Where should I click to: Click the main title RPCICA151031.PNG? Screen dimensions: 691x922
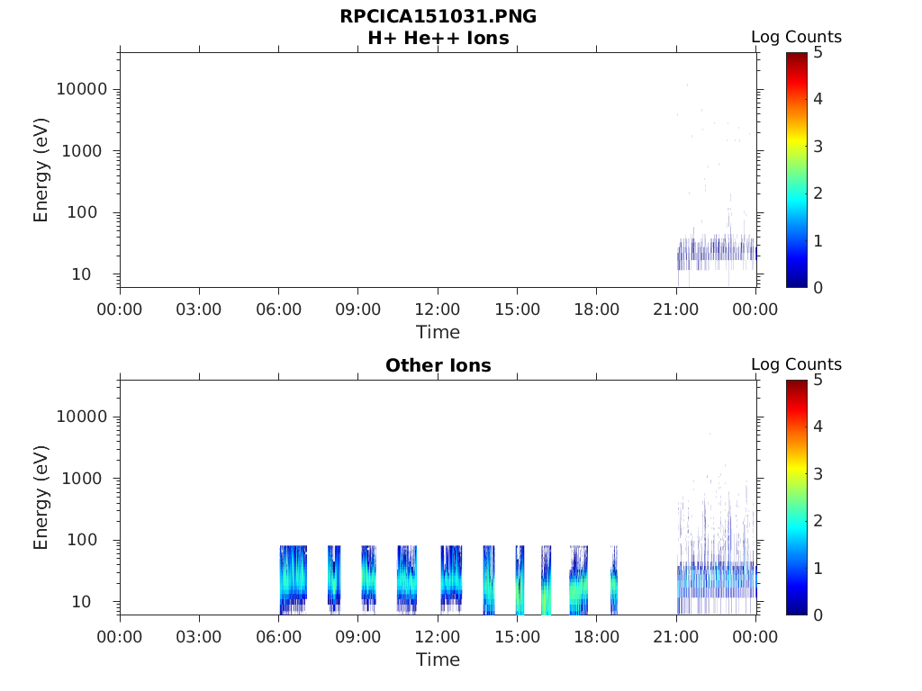438,17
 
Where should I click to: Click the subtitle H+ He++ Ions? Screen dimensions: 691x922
438,39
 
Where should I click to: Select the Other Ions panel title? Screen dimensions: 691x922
438,366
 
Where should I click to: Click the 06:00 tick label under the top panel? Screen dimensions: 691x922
278,310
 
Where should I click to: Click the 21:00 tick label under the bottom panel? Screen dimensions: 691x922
676,637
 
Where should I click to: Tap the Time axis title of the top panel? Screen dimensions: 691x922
438,332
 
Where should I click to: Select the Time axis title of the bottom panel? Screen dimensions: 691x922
438,660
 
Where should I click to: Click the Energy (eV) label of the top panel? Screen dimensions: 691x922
41,169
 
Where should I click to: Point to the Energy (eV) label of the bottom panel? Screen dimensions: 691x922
41,497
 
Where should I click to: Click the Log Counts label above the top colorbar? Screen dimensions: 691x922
796,38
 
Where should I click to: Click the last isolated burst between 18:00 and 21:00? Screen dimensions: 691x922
614,585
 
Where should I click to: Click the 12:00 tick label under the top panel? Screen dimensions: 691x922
438,310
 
